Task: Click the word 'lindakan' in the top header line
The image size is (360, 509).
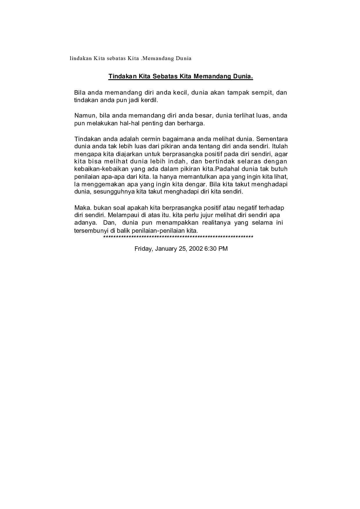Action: tap(80, 58)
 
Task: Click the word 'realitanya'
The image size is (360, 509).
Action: tap(217, 223)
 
